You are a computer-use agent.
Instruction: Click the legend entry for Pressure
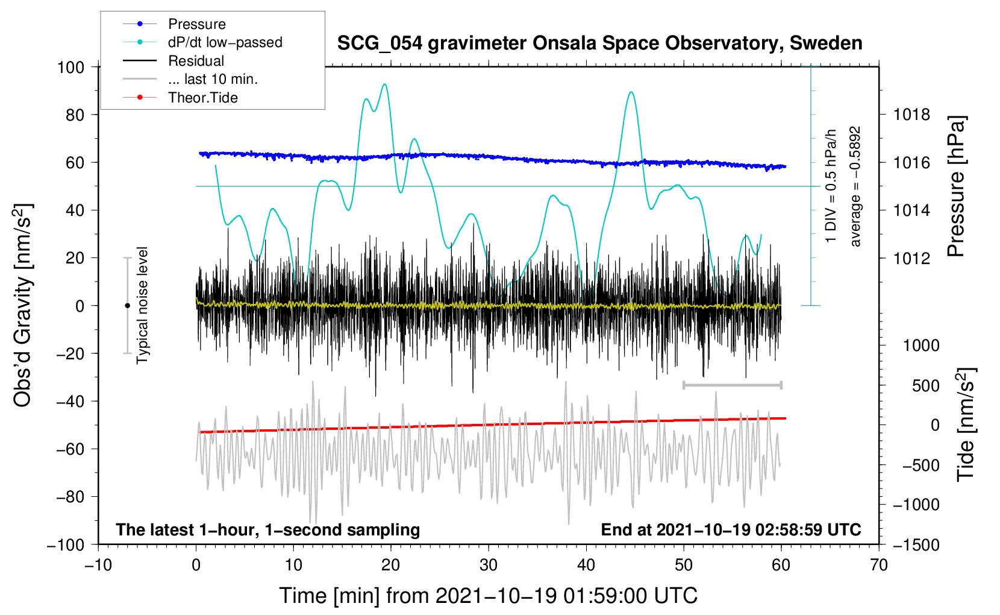(x=175, y=24)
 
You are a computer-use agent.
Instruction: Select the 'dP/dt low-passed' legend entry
(x=202, y=42)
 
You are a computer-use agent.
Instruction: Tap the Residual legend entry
(x=173, y=61)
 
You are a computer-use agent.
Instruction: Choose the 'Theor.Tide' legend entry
(x=180, y=98)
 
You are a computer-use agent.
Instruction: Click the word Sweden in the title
(x=826, y=43)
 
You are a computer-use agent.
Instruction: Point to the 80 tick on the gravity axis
(x=75, y=115)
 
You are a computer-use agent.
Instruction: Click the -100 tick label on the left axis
(x=66, y=545)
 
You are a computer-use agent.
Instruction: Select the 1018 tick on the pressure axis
(x=911, y=115)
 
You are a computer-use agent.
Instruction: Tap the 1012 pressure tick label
(x=911, y=258)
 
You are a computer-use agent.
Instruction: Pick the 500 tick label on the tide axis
(x=925, y=386)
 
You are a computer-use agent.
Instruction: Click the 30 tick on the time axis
(x=489, y=565)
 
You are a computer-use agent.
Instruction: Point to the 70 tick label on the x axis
(x=878, y=565)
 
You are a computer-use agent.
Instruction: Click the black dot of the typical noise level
(x=127, y=306)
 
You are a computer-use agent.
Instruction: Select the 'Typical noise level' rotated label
(x=142, y=305)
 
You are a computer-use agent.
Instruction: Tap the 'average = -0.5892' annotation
(x=855, y=187)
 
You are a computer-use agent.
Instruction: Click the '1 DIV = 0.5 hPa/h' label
(x=830, y=186)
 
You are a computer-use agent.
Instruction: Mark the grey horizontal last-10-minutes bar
(x=733, y=385)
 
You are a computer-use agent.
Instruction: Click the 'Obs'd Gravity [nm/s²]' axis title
(x=22, y=306)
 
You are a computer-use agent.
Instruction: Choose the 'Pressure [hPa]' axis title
(x=955, y=186)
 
